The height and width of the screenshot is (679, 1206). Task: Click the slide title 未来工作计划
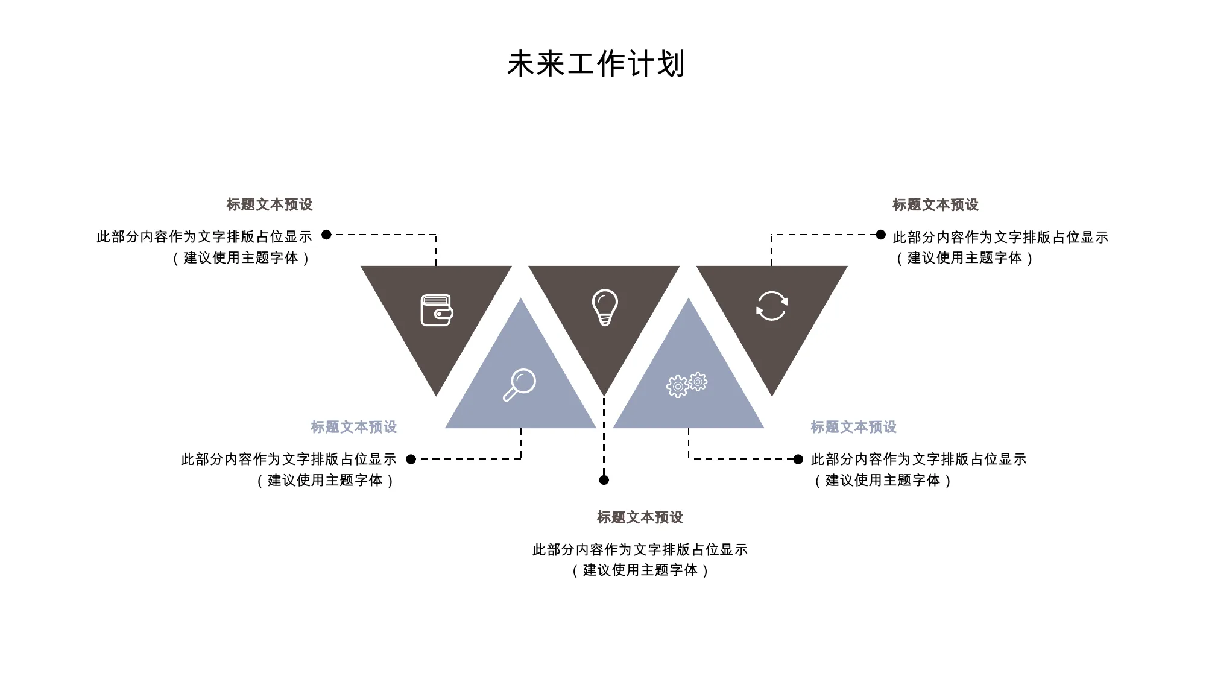(596, 64)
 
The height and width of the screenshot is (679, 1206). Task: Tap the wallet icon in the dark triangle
(437, 310)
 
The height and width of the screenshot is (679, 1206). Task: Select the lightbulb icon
(605, 307)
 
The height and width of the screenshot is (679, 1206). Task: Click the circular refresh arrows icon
(772, 306)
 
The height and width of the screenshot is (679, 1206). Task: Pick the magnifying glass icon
(519, 385)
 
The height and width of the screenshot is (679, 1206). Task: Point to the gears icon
(687, 384)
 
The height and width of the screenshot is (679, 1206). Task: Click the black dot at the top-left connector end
(326, 235)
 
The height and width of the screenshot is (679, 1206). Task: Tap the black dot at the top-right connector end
(881, 235)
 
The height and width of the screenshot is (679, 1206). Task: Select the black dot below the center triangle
(604, 480)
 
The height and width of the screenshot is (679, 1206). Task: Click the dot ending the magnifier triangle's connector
(411, 460)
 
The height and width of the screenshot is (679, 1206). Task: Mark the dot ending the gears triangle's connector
(798, 460)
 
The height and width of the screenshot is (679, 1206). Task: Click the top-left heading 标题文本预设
(270, 205)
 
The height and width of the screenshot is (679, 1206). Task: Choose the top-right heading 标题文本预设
(935, 205)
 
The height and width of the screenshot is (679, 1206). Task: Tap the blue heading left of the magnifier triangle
(354, 427)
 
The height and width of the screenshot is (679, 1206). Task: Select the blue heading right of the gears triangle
(853, 427)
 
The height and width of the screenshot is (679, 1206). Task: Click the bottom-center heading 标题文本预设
(640, 517)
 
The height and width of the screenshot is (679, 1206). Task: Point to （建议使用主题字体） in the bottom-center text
(640, 570)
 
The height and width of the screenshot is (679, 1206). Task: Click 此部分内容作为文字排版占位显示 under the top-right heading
(1000, 237)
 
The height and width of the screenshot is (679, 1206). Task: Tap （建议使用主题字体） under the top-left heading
(241, 258)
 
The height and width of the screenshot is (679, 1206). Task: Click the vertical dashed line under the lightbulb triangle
(604, 435)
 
